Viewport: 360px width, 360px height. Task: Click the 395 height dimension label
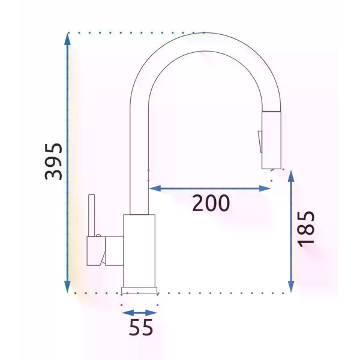(53, 161)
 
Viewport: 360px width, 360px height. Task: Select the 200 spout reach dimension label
(211, 203)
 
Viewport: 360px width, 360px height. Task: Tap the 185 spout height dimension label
(306, 229)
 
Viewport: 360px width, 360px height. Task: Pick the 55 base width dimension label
(141, 327)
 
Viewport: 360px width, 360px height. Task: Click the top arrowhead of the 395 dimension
(67, 38)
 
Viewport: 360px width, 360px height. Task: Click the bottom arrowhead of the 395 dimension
(67, 287)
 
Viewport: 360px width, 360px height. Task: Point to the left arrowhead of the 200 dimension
(155, 189)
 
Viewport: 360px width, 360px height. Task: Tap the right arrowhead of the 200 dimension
(265, 189)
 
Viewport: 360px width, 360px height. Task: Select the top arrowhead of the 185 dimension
(291, 176)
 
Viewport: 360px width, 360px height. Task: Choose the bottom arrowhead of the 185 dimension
(291, 286)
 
